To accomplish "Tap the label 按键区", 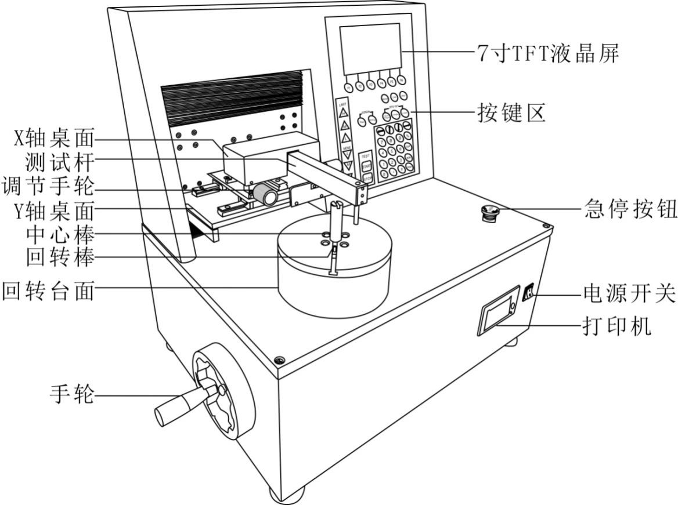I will pos(511,113).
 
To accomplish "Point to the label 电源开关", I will pos(629,294).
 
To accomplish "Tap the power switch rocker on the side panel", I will pos(528,293).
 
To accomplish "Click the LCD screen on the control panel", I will pos(370,49).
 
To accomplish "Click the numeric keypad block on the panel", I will pos(394,151).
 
